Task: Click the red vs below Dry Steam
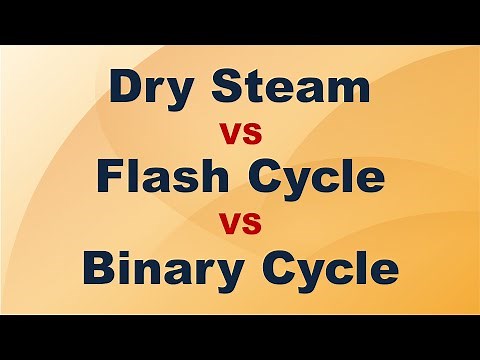coord(240,132)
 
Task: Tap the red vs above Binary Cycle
coord(240,222)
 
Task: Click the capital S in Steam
coord(227,87)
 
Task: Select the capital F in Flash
coord(110,177)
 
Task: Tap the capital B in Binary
coord(100,267)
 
